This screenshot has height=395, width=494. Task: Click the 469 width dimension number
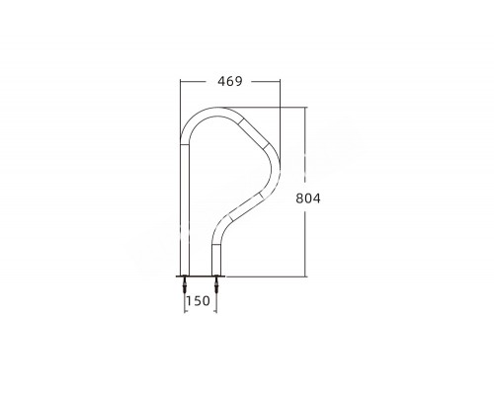230,81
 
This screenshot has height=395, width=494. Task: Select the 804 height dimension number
308,198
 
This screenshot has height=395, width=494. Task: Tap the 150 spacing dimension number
198,301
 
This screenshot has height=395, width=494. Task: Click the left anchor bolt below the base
185,284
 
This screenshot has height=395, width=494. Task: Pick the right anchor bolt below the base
216,284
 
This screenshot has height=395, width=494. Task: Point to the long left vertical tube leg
185,209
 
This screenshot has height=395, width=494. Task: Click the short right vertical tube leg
216,260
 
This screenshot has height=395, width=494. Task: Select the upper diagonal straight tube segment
254,134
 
